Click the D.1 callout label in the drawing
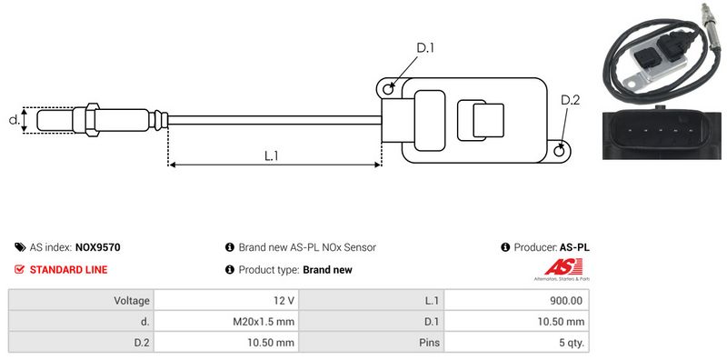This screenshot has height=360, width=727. (x=425, y=47)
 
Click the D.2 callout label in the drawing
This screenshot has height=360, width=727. (x=571, y=100)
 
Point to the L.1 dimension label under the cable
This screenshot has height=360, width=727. (x=271, y=155)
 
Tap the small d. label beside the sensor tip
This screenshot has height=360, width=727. (x=15, y=120)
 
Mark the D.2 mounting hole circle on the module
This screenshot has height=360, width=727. (x=560, y=149)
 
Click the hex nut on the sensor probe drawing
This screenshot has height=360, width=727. (x=92, y=120)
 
